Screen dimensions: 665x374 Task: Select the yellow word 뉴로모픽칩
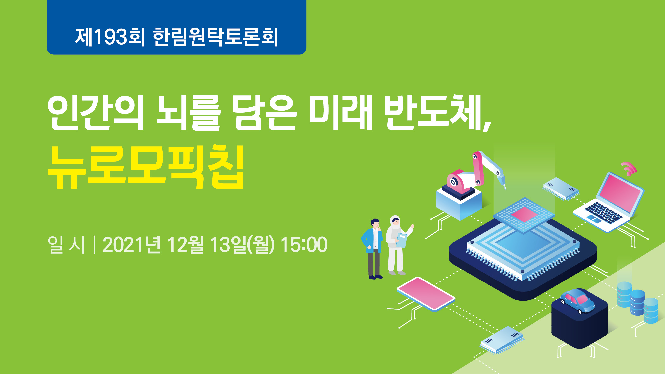146,168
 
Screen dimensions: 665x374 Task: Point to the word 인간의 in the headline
95,113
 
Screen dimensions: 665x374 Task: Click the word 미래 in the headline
341,113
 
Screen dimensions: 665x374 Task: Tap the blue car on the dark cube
577,301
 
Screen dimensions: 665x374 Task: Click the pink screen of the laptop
620,192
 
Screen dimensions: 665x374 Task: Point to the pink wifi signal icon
629,168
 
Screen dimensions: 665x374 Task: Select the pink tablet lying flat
426,294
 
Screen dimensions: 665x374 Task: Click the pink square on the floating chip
524,214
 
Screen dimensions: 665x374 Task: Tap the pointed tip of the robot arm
505,189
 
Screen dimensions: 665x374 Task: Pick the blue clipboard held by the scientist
402,240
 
